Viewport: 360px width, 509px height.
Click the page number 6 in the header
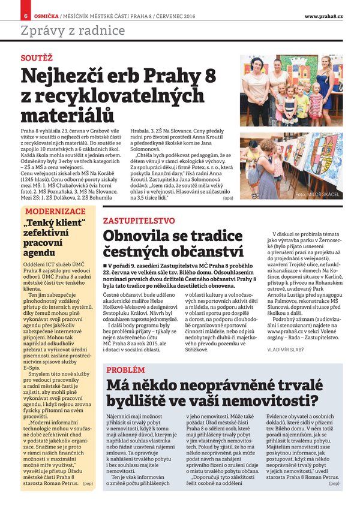(26, 14)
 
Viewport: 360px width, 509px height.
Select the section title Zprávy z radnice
(73, 31)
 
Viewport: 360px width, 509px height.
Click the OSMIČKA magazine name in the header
(45, 14)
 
